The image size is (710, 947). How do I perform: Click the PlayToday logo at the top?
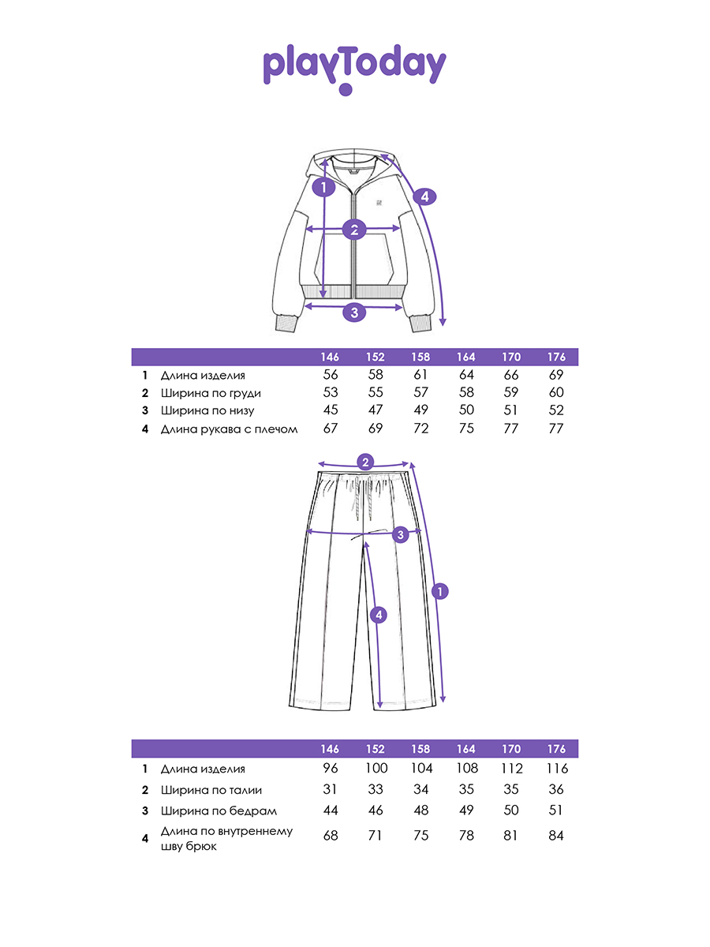point(354,69)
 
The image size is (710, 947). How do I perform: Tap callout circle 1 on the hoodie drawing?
point(323,188)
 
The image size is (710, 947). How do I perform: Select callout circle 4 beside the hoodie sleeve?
point(424,197)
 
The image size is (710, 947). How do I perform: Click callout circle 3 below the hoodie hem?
point(354,313)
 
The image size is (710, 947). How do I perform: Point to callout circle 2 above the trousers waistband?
point(365,462)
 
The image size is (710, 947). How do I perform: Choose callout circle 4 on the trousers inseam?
point(379,616)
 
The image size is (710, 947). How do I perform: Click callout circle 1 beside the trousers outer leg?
point(439,591)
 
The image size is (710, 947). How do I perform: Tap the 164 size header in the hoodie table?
point(466,357)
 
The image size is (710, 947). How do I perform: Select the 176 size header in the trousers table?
point(556,749)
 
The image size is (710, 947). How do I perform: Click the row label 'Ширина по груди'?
point(211,393)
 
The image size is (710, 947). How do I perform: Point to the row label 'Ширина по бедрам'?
point(219,811)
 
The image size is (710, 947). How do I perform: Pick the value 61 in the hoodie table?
point(420,375)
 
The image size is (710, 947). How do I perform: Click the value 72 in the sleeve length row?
point(420,429)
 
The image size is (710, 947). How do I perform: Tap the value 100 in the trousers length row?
point(376,769)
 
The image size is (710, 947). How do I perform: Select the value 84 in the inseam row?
point(556,836)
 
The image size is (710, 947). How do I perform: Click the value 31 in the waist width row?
point(330,789)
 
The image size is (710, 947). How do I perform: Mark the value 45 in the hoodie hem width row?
point(331,410)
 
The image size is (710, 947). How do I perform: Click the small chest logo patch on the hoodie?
point(379,202)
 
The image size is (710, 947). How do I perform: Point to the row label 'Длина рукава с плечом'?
point(229,429)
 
